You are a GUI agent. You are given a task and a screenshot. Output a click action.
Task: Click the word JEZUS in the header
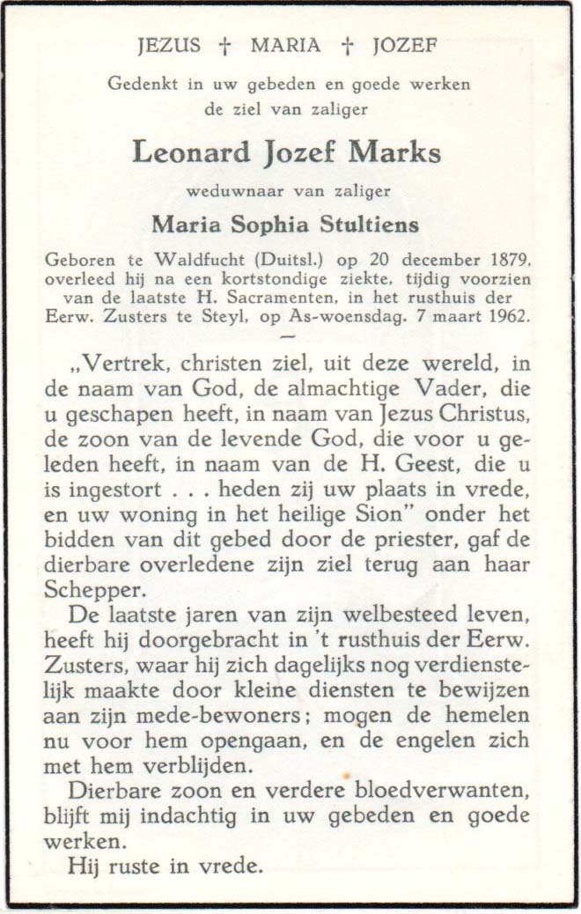click(171, 47)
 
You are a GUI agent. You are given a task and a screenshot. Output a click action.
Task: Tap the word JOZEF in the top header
click(403, 47)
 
